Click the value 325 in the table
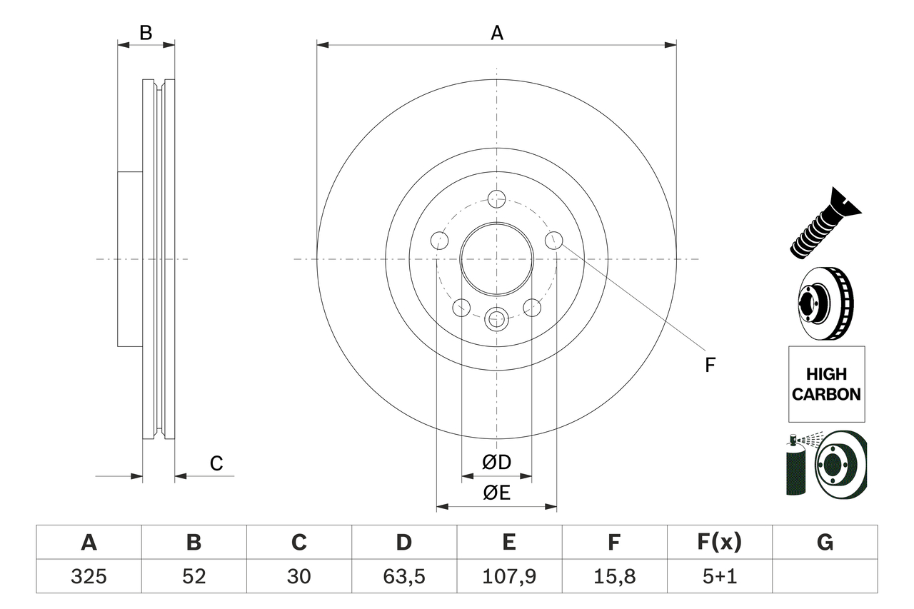(x=89, y=575)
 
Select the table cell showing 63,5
(x=404, y=575)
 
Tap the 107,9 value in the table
(x=509, y=575)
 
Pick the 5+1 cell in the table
(x=720, y=575)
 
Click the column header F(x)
(x=720, y=543)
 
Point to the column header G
(x=825, y=543)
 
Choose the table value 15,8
(x=614, y=575)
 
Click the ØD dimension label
(x=497, y=462)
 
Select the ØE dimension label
(x=497, y=493)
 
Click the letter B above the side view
(x=146, y=32)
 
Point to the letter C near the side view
(x=216, y=463)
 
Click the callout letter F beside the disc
(x=710, y=365)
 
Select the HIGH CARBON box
(x=826, y=383)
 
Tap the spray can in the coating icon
(x=795, y=468)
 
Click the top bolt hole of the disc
(x=496, y=198)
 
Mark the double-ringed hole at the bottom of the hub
(x=496, y=318)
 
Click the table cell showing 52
(x=194, y=575)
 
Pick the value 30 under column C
(x=298, y=575)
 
